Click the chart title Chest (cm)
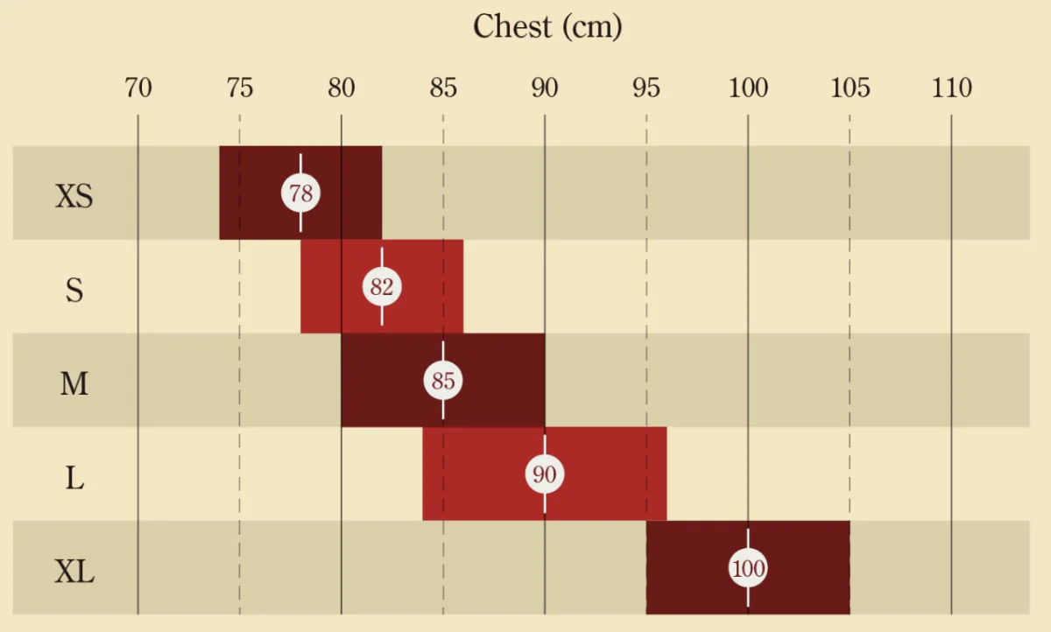(x=547, y=26)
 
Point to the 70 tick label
(x=138, y=88)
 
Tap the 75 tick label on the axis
(x=239, y=88)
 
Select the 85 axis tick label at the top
(x=443, y=88)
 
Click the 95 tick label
(x=646, y=88)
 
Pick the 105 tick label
(x=850, y=88)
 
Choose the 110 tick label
(x=952, y=88)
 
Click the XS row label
(x=74, y=196)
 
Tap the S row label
(x=74, y=290)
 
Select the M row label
(x=74, y=383)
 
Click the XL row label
(x=74, y=573)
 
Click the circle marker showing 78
(x=300, y=193)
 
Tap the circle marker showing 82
(x=382, y=287)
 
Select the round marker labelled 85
(x=443, y=381)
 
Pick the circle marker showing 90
(x=545, y=474)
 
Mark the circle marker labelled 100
(x=748, y=569)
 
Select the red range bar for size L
(x=613, y=474)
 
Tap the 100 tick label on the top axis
(x=748, y=88)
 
